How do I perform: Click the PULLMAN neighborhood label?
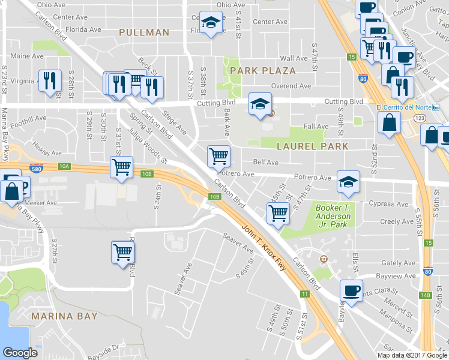tap(144, 32)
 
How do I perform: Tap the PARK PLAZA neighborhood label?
tap(263, 71)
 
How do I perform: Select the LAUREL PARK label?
tap(312, 146)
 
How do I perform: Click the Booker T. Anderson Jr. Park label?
tap(332, 216)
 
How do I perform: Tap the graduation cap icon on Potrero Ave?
tap(348, 182)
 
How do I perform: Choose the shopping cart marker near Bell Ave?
tap(218, 156)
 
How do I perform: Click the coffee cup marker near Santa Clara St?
tap(351, 290)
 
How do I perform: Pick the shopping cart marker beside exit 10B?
tap(121, 167)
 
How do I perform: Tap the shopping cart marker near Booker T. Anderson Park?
tap(278, 213)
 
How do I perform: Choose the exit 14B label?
tap(426, 278)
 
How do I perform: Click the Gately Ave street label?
tap(399, 263)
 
